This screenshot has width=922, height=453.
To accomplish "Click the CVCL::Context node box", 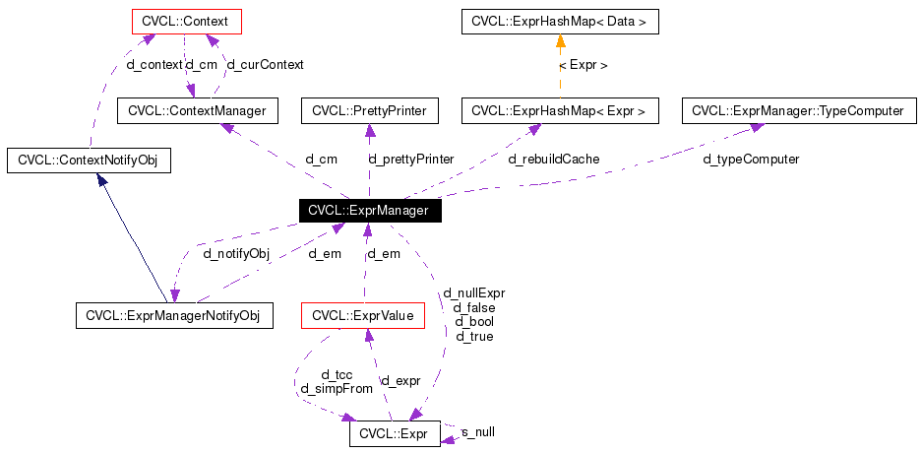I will pos(187,20).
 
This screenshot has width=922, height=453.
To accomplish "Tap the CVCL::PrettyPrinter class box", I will pos(369,111).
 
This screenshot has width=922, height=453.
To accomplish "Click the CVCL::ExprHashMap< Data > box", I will pos(560,20).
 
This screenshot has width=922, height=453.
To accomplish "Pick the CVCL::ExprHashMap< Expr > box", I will pos(559,111).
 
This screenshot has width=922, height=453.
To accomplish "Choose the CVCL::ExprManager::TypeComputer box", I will pos(798,111).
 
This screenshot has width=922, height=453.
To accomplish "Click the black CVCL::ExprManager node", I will pos(368,210).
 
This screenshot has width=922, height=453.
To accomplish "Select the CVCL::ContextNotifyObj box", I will pos(89,160).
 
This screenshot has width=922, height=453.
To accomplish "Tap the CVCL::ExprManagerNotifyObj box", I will pos(173,316).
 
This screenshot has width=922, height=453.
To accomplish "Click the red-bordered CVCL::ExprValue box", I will pos(362,316).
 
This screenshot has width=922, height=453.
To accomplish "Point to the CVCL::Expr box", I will pos(395,433).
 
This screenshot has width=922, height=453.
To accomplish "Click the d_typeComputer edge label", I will pos(751,159).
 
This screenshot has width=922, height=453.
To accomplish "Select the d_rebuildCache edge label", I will pos(553,159).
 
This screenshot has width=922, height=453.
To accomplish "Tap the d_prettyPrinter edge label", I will pos(410,159).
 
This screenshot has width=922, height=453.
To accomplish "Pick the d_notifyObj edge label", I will pos(236,253).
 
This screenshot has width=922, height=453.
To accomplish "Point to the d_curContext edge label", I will pos(265,64).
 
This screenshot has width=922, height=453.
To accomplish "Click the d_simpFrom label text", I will pos(337,388).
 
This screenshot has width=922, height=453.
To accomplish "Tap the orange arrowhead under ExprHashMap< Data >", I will pos(560,41).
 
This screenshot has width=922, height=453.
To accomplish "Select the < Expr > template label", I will pos(583,65).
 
